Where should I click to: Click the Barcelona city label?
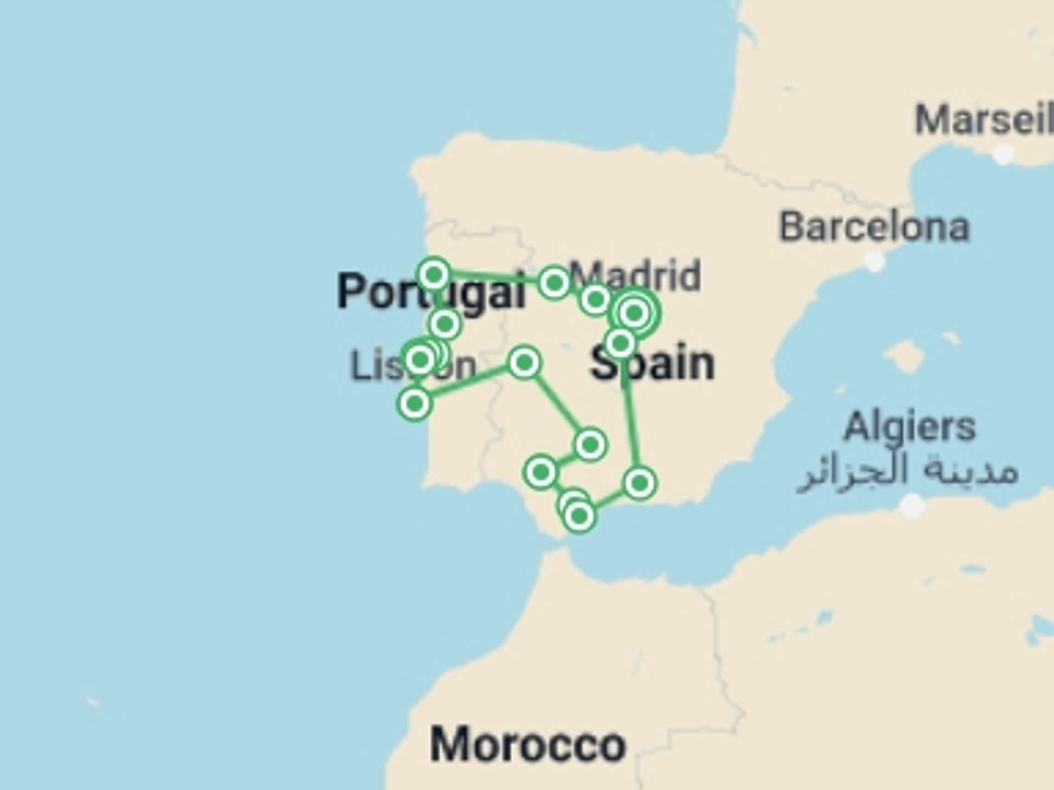tap(874, 227)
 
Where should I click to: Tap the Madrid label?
tap(635, 276)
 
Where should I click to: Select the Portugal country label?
tap(431, 291)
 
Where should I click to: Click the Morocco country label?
tap(528, 744)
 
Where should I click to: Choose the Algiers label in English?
tap(909, 427)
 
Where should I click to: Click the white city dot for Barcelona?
tap(875, 261)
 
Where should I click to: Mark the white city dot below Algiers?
tap(913, 505)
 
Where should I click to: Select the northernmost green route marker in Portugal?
tap(434, 274)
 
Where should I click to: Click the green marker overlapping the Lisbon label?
tap(421, 360)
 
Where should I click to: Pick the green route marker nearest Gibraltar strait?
tap(579, 516)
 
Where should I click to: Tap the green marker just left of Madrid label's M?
tap(554, 283)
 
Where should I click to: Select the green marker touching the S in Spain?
tap(620, 343)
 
